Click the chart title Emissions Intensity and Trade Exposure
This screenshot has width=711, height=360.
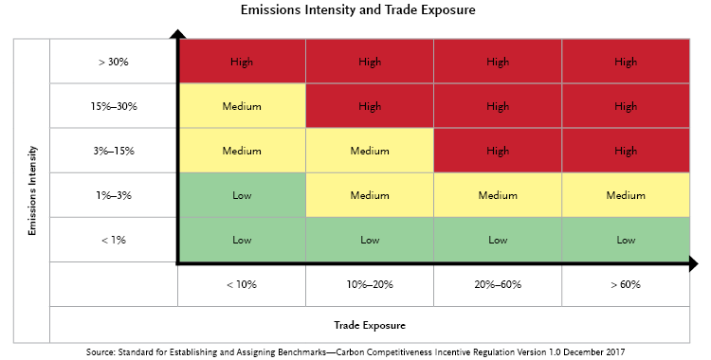pyautogui.click(x=355, y=11)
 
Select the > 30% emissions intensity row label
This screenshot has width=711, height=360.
pyautogui.click(x=114, y=63)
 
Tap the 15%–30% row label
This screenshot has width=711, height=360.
pyautogui.click(x=114, y=106)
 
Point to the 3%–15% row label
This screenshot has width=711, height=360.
pyautogui.click(x=114, y=151)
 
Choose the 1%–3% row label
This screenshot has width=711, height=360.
pyautogui.click(x=114, y=195)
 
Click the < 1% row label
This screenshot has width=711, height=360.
pyautogui.click(x=114, y=240)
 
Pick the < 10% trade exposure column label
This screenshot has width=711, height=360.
pyautogui.click(x=242, y=284)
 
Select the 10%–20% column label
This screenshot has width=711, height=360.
pyautogui.click(x=369, y=284)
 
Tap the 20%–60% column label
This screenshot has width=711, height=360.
pyautogui.click(x=497, y=284)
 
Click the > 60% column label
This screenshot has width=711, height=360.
pyautogui.click(x=626, y=284)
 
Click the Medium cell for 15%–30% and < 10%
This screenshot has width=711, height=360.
pyautogui.click(x=242, y=106)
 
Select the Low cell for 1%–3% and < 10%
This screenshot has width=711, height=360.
pyautogui.click(x=242, y=195)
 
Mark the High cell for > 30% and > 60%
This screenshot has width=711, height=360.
pyautogui.click(x=626, y=63)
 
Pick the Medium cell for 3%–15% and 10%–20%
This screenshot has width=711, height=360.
pyautogui.click(x=369, y=151)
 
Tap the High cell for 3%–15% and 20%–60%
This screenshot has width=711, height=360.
pyautogui.click(x=497, y=151)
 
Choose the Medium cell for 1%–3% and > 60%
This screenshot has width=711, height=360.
pyautogui.click(x=626, y=195)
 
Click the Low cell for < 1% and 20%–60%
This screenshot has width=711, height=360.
pyautogui.click(x=497, y=240)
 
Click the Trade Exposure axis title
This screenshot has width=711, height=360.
pyautogui.click(x=369, y=325)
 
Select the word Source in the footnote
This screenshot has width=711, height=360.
pyautogui.click(x=101, y=351)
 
